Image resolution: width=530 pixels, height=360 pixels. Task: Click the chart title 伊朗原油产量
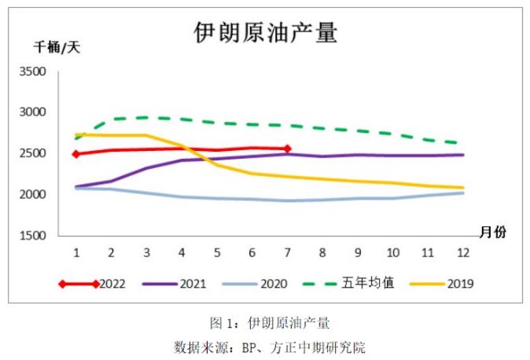click(x=265, y=32)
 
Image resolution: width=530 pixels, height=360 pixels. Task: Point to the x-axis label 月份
click(x=493, y=231)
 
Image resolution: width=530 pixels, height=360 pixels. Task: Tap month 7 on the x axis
click(x=287, y=252)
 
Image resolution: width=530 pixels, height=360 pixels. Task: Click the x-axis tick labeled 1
click(x=76, y=252)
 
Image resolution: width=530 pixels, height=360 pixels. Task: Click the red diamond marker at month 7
click(x=287, y=149)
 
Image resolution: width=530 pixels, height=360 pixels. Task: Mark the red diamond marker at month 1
click(x=76, y=154)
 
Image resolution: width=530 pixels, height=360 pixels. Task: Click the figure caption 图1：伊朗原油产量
click(x=264, y=323)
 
